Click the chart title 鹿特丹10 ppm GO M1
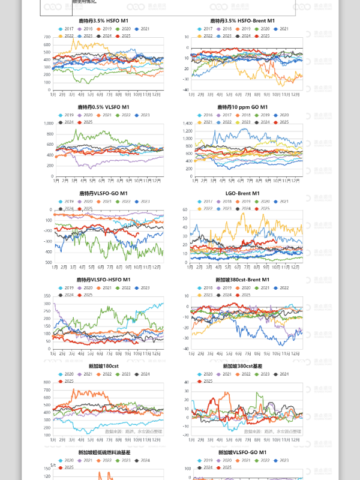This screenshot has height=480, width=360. [x=242, y=107]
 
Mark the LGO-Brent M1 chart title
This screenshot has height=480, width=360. [x=242, y=193]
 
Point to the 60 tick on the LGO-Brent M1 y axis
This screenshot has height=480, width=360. [x=185, y=210]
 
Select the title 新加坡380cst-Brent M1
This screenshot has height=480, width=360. [x=242, y=280]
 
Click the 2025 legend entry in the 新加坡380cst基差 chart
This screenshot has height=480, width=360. [x=208, y=381]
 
